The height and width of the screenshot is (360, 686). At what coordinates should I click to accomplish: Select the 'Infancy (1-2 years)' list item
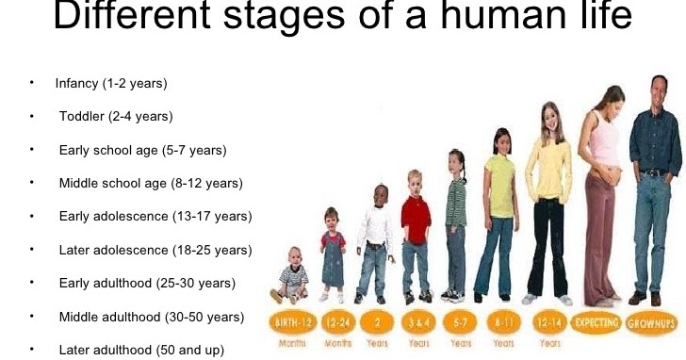[x=111, y=84]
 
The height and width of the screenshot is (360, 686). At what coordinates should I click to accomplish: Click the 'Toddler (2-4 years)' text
[x=116, y=117]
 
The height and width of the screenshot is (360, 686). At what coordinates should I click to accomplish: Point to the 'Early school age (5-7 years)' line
[x=142, y=150]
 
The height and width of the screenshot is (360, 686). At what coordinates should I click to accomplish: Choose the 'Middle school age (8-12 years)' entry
[x=151, y=183]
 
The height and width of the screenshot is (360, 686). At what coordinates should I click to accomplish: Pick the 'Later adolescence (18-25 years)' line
[x=155, y=250]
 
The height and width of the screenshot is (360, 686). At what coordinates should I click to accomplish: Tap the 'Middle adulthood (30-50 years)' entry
[x=152, y=316]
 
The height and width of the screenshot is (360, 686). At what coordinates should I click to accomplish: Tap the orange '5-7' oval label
[x=457, y=322]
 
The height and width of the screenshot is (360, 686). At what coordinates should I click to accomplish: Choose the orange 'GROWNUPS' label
[x=653, y=322]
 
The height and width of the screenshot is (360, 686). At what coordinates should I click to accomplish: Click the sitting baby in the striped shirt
[x=293, y=278]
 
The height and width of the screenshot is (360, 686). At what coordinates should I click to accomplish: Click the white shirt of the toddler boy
[x=375, y=226]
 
